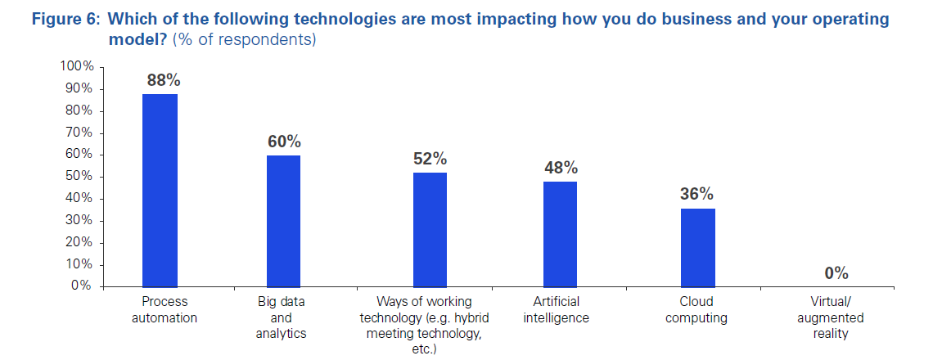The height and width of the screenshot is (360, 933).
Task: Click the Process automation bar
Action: (160, 190)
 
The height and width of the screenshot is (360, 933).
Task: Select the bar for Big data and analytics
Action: (283, 221)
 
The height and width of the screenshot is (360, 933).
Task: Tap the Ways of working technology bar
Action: (430, 229)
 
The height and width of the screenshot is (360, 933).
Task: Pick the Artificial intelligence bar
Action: (560, 234)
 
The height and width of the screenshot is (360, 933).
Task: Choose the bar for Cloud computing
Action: (698, 247)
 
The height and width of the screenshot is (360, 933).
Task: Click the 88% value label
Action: (163, 80)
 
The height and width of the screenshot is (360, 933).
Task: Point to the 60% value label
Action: (284, 142)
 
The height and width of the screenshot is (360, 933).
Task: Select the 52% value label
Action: (430, 159)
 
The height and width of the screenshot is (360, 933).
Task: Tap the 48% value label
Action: (561, 168)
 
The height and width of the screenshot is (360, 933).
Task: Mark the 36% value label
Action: (696, 195)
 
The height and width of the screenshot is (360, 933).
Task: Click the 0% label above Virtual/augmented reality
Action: (836, 272)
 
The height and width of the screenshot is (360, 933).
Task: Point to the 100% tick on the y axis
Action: (77, 66)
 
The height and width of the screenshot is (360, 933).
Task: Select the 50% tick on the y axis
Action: (80, 177)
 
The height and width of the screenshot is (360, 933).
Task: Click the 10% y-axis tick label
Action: (80, 264)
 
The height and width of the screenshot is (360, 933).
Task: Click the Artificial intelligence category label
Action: (557, 310)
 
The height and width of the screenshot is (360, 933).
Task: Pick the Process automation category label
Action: (165, 310)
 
